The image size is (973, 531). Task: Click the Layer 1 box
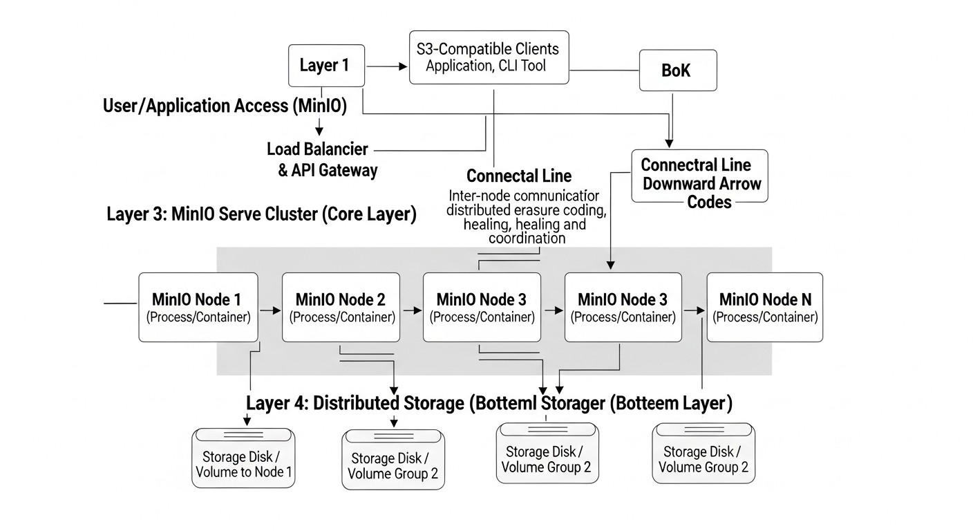pyautogui.click(x=324, y=66)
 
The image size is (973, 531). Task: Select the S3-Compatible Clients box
pyautogui.click(x=489, y=57)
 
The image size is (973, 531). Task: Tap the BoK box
pyautogui.click(x=676, y=71)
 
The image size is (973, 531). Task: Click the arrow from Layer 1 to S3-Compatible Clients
pyautogui.click(x=387, y=66)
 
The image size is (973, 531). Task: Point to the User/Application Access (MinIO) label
pyautogui.click(x=225, y=106)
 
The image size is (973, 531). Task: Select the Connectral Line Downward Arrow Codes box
pyautogui.click(x=699, y=176)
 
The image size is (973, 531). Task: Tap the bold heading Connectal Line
pyautogui.click(x=519, y=176)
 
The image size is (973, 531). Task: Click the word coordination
pyautogui.click(x=527, y=239)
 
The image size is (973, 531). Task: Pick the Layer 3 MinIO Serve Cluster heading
pyautogui.click(x=261, y=214)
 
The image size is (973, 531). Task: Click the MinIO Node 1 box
pyautogui.click(x=198, y=307)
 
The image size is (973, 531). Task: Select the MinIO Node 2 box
pyautogui.click(x=341, y=307)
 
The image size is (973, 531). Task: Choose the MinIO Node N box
pyautogui.click(x=764, y=307)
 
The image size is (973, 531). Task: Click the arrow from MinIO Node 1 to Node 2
pyautogui.click(x=270, y=310)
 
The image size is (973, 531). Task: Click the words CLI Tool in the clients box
pyautogui.click(x=523, y=66)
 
